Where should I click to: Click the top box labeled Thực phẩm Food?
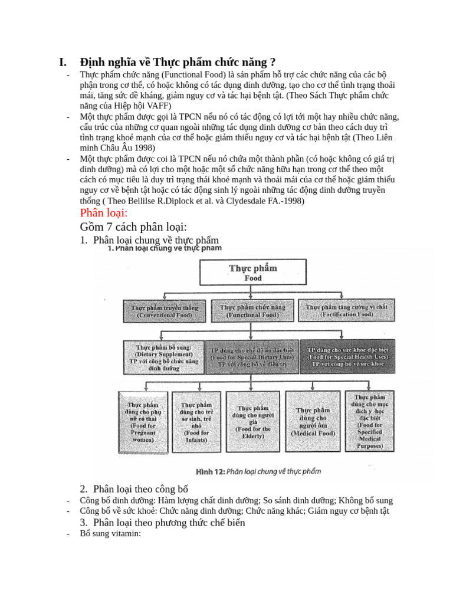pos(253,273)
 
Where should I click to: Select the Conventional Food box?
pos(165,311)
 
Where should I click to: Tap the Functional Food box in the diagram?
pos(252,311)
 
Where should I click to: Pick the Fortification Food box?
pos(346,311)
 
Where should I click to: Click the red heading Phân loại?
pos(104,213)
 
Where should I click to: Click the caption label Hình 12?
pos(210,472)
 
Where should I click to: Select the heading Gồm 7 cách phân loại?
pos(133,227)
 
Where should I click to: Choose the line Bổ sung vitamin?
pos(110,533)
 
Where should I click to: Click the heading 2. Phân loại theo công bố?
pos(134,489)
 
